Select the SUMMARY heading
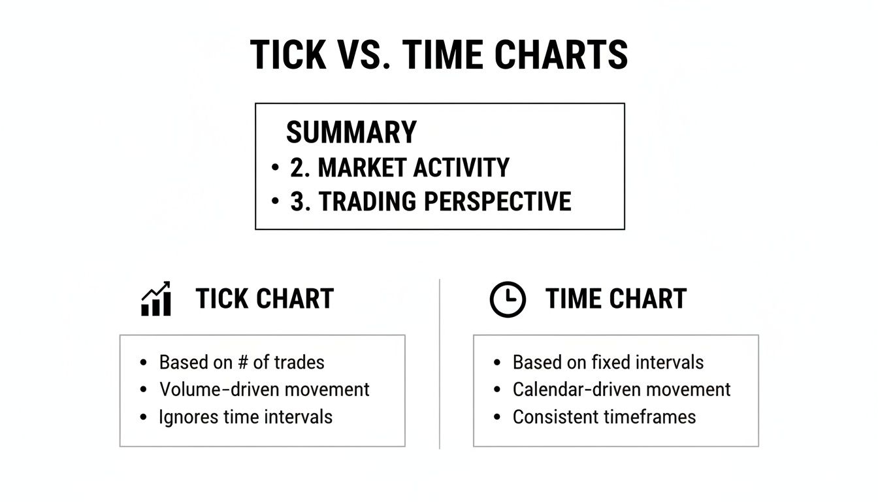coord(351,133)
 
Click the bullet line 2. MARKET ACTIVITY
coord(399,168)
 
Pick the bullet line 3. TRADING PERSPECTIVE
coord(431,202)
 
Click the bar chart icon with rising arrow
coord(156,299)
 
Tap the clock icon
coord(508,300)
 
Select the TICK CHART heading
coord(265,299)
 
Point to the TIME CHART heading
coord(616,299)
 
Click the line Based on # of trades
coord(242,362)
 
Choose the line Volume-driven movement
coord(265,390)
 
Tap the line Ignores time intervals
coord(246,417)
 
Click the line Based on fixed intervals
coord(608,362)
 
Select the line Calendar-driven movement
coord(621,390)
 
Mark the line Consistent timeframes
coord(604,417)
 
